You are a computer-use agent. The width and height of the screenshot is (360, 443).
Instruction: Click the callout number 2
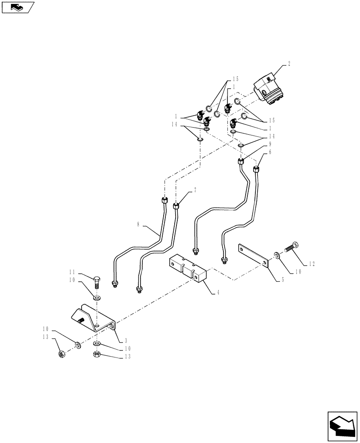point(289,64)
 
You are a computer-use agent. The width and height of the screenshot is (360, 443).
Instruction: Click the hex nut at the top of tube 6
point(256,169)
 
